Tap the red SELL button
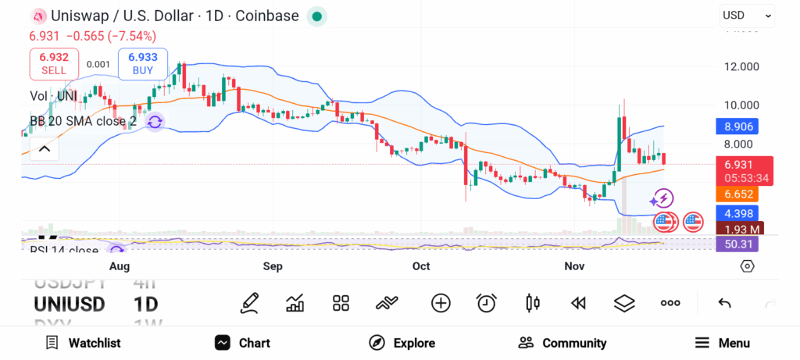coord(54,63)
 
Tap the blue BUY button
coord(142,63)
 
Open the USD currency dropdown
coord(747,15)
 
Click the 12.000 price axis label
coord(741,67)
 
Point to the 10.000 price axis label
coord(741,105)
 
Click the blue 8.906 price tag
coord(737,127)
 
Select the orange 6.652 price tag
coord(737,194)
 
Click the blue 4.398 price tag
coord(737,213)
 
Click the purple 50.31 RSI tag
coord(737,244)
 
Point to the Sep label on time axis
coord(273,266)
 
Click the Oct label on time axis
coord(421,266)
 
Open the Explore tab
coord(402,343)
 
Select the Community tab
coord(562,343)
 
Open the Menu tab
coord(723,343)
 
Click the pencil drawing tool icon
coord(249,303)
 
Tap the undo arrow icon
coord(724,303)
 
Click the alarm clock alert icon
coord(487,303)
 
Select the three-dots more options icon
coord(670,303)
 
